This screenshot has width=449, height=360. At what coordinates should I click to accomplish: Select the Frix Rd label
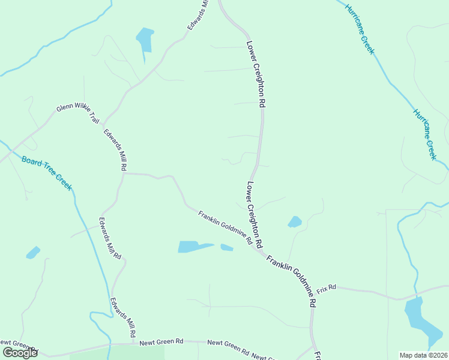click(326, 288)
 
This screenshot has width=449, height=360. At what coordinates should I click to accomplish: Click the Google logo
click(20, 353)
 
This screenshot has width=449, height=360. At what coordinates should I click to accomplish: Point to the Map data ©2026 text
click(424, 355)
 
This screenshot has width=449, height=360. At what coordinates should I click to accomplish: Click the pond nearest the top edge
click(145, 40)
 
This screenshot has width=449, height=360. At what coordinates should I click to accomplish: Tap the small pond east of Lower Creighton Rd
click(295, 222)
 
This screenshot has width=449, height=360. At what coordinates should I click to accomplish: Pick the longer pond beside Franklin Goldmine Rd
click(193, 247)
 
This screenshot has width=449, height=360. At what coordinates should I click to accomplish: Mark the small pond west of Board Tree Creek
click(33, 253)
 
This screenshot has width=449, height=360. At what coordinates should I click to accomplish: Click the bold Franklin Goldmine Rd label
click(291, 281)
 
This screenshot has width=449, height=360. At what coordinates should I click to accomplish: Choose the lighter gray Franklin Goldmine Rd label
click(225, 227)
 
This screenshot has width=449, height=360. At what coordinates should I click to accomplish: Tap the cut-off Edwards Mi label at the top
click(197, 13)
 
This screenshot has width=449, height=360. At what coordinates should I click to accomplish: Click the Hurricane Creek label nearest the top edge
click(359, 28)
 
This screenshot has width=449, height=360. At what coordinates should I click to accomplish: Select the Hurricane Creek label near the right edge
click(424, 134)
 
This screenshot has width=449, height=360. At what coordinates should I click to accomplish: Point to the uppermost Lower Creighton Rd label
click(256, 74)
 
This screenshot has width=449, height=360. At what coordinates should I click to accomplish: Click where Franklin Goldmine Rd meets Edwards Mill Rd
click(124, 173)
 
